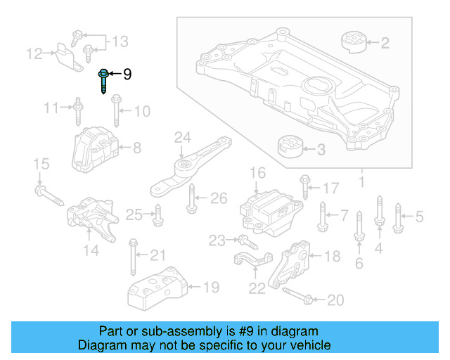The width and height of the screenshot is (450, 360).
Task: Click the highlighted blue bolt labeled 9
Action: click(x=104, y=81)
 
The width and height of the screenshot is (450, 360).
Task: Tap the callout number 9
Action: click(x=127, y=74)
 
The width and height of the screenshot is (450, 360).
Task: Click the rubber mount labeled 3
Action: click(x=289, y=148)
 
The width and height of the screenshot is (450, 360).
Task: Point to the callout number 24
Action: click(x=182, y=137)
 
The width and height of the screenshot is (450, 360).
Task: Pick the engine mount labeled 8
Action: click(x=94, y=148)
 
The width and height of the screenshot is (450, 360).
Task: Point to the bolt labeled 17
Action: click(x=304, y=186)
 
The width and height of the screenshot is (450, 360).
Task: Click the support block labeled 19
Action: click(x=156, y=288)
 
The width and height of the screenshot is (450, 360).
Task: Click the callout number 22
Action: click(x=257, y=287)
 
